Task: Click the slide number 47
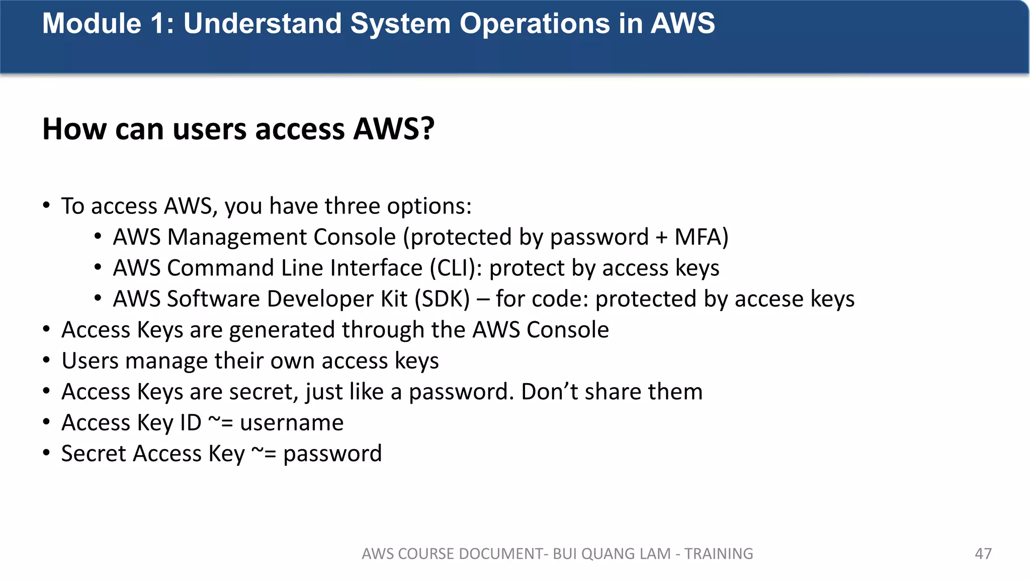click(983, 554)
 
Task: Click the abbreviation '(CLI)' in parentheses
click(456, 268)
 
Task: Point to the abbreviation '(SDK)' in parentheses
click(442, 299)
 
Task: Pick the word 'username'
click(292, 423)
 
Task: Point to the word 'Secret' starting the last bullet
click(94, 454)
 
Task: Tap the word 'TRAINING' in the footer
click(719, 554)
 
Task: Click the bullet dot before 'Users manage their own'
click(47, 361)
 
